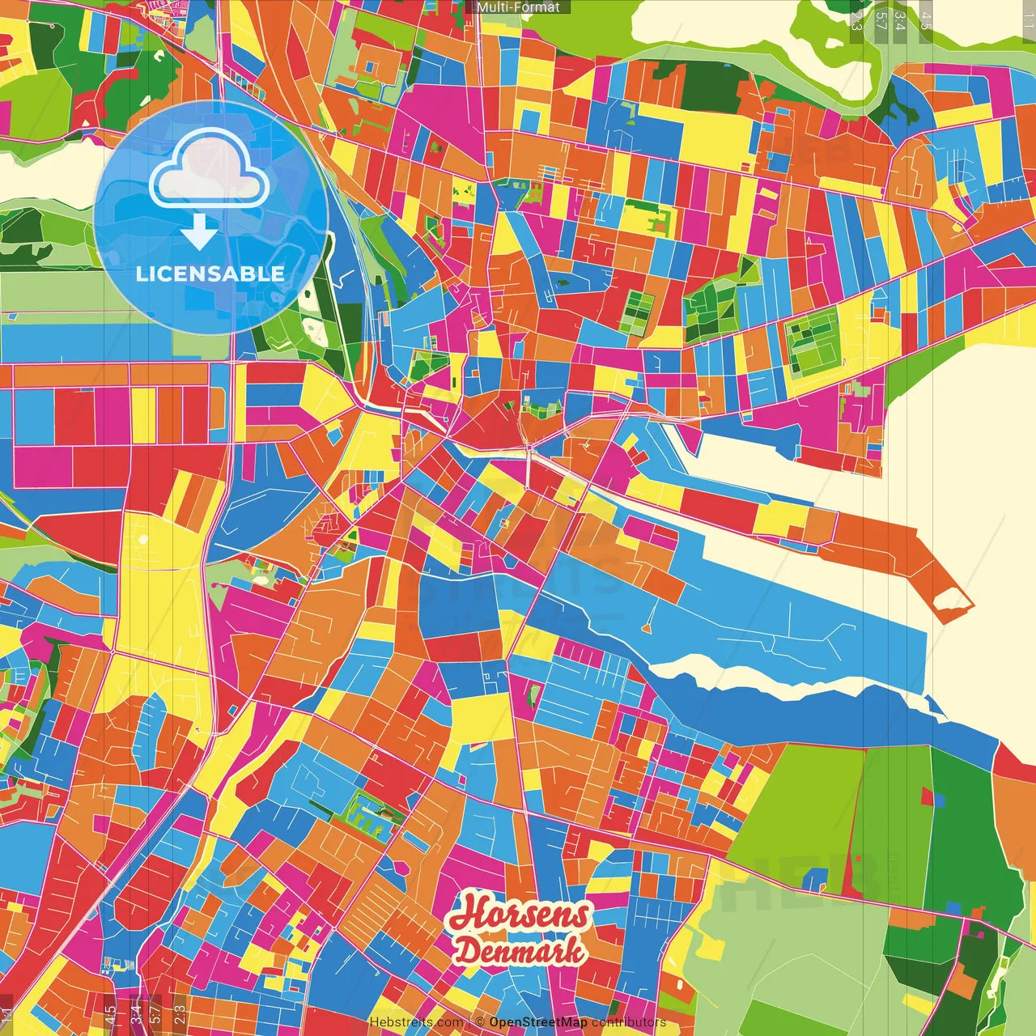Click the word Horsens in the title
pyautogui.click(x=519, y=915)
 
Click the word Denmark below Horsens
pyautogui.click(x=519, y=950)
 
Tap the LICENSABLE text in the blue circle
pyautogui.click(x=210, y=274)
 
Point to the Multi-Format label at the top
pyautogui.click(x=518, y=7)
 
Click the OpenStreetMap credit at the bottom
pyautogui.click(x=538, y=1022)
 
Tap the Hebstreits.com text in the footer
pyautogui.click(x=417, y=1022)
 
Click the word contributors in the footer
pyautogui.click(x=629, y=1022)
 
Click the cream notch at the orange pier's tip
pyautogui.click(x=953, y=600)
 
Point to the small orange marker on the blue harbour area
pyautogui.click(x=647, y=627)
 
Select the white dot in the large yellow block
pyautogui.click(x=143, y=539)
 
